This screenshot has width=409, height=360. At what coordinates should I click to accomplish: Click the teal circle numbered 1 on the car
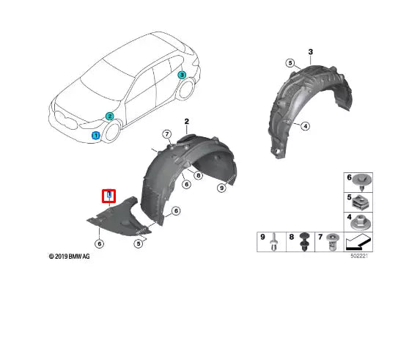point(95,136)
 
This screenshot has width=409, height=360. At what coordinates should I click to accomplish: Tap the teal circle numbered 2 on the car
point(109,116)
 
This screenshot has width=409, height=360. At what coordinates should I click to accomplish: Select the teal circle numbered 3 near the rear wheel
point(182,75)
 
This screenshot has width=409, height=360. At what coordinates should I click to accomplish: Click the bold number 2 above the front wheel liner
point(186,120)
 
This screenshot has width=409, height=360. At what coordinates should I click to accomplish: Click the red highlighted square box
point(108,195)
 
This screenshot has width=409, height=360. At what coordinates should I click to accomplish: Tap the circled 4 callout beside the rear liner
point(306,126)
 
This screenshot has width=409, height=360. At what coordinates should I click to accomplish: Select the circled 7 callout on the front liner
point(166,133)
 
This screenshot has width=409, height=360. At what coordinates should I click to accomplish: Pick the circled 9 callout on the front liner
point(221,188)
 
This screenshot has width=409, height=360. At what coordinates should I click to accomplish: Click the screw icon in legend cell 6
point(362,180)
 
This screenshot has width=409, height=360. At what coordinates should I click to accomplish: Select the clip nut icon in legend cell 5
point(362,200)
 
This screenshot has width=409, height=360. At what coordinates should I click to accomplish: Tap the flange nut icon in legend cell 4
point(362,220)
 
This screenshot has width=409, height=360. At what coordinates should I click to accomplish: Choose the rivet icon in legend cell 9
point(273,241)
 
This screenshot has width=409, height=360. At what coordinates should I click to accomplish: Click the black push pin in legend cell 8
point(304,241)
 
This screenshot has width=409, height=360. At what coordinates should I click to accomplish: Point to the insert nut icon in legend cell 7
point(334,241)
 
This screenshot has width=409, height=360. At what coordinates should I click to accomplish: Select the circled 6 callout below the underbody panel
point(99,245)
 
